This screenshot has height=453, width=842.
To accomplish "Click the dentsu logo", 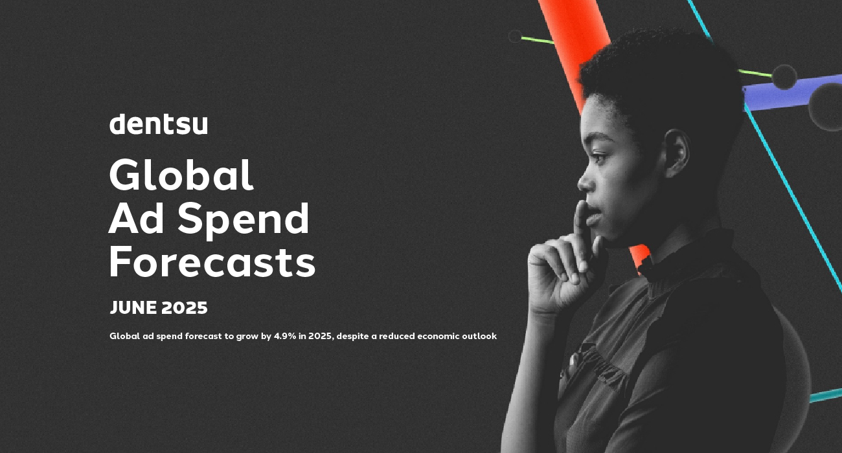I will (x=158, y=124).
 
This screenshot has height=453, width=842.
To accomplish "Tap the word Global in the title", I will (x=181, y=175).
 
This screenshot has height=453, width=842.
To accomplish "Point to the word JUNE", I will (x=133, y=308).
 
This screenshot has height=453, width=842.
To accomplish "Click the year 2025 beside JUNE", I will (x=185, y=308).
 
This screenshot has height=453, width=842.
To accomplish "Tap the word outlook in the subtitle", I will (x=479, y=337).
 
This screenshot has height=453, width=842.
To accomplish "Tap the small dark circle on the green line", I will (x=515, y=36).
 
